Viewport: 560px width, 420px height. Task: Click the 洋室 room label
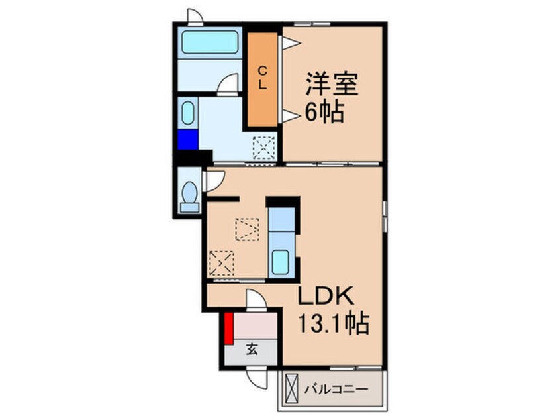[331, 85]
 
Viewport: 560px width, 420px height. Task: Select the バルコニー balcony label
[336, 390]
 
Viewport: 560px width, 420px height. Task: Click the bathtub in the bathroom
[210, 43]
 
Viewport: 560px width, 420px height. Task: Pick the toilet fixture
[190, 195]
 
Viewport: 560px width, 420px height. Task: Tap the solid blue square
[187, 140]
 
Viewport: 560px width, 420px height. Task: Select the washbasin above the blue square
[187, 113]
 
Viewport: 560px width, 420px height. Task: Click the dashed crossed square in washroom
[263, 148]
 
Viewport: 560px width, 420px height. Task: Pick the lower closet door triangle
[289, 117]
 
